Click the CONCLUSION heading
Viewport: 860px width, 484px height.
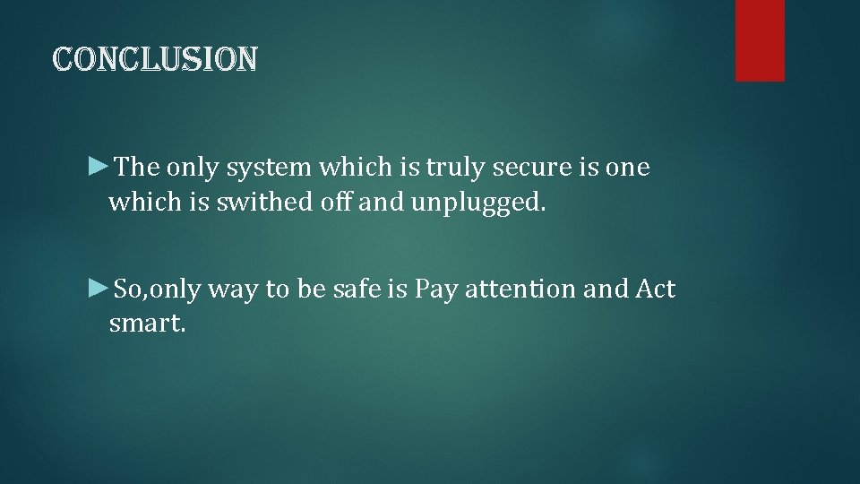[156, 59]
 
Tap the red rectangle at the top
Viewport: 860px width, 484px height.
[760, 40]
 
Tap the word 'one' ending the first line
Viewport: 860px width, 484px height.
[630, 169]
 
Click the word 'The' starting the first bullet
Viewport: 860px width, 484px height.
[138, 168]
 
